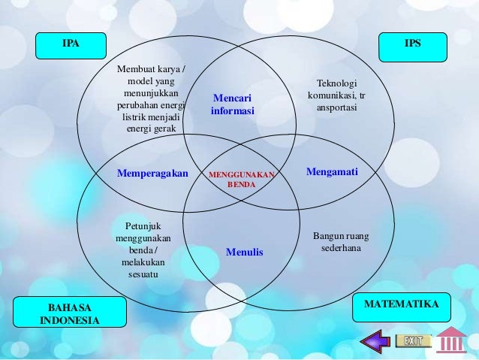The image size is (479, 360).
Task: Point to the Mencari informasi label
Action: pyautogui.click(x=232, y=104)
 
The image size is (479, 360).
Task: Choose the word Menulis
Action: pyautogui.click(x=245, y=253)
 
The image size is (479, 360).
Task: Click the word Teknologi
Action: pyautogui.click(x=337, y=84)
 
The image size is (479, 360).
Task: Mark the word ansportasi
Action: pyautogui.click(x=336, y=107)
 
